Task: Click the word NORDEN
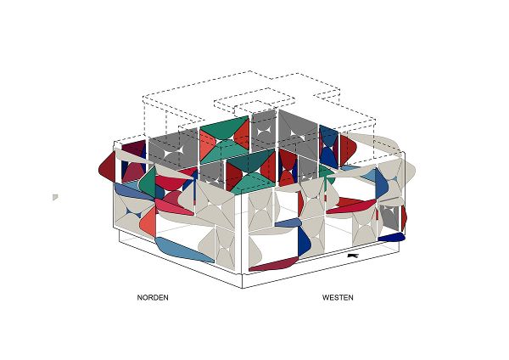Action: click(153, 297)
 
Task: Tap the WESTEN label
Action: click(338, 297)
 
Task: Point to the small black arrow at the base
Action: click(353, 256)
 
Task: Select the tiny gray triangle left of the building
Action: click(55, 197)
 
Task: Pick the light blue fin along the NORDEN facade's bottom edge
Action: click(183, 250)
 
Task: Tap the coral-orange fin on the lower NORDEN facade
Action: click(148, 221)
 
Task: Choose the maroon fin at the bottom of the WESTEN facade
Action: click(274, 264)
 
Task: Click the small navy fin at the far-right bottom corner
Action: click(391, 237)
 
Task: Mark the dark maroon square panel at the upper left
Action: click(133, 149)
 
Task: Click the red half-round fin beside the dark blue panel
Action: click(348, 150)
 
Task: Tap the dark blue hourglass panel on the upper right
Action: click(329, 147)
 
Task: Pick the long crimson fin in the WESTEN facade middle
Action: click(351, 205)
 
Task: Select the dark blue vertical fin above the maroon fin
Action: click(304, 240)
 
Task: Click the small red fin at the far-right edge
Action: click(404, 217)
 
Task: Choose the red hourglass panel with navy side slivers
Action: click(288, 167)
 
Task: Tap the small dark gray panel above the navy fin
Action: click(389, 218)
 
